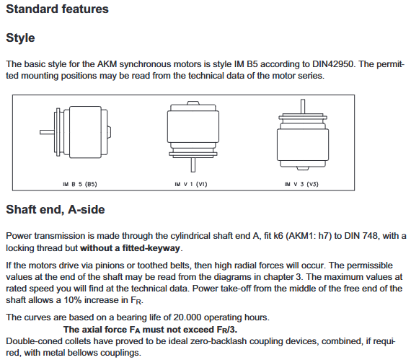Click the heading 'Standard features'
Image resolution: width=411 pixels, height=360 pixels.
(x=57, y=9)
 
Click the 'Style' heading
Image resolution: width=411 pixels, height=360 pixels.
(x=20, y=38)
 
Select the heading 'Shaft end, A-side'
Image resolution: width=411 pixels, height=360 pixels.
(x=56, y=210)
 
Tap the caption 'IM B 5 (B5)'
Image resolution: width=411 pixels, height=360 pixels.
(x=80, y=184)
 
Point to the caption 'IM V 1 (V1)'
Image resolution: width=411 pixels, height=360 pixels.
(x=191, y=184)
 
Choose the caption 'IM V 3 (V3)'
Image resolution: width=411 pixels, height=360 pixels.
(x=301, y=184)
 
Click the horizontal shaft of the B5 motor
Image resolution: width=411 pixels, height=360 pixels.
(x=47, y=132)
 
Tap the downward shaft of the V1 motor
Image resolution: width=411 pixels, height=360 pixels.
(x=193, y=164)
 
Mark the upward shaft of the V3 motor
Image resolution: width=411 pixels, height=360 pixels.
(x=303, y=107)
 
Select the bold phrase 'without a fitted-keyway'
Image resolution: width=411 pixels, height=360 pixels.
(x=131, y=248)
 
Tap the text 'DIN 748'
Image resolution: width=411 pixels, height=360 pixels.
(x=361, y=236)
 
